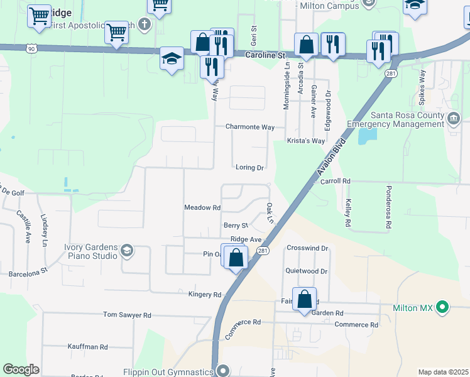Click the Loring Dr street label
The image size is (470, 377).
tap(249, 168)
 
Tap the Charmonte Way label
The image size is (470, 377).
tap(250, 127)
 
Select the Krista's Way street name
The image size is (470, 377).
tap(306, 141)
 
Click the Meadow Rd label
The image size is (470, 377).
tap(202, 207)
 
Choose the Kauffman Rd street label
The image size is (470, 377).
tap(87, 347)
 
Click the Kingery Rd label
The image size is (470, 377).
tap(205, 294)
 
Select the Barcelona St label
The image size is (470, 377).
tap(28, 273)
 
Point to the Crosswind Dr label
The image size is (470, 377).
tap(307, 248)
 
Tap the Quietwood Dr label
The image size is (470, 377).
tap(307, 271)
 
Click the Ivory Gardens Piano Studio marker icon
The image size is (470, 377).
tap(128, 251)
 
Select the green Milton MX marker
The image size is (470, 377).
tap(443, 308)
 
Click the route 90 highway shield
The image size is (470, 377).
tap(31, 48)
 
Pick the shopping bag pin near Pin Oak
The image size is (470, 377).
tap(236, 258)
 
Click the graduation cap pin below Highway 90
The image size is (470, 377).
tap(172, 59)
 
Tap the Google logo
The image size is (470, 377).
tap(21, 369)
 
